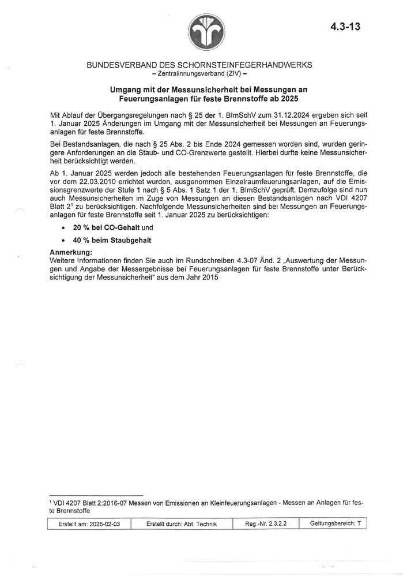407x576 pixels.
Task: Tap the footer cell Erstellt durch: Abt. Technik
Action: coord(182,524)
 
